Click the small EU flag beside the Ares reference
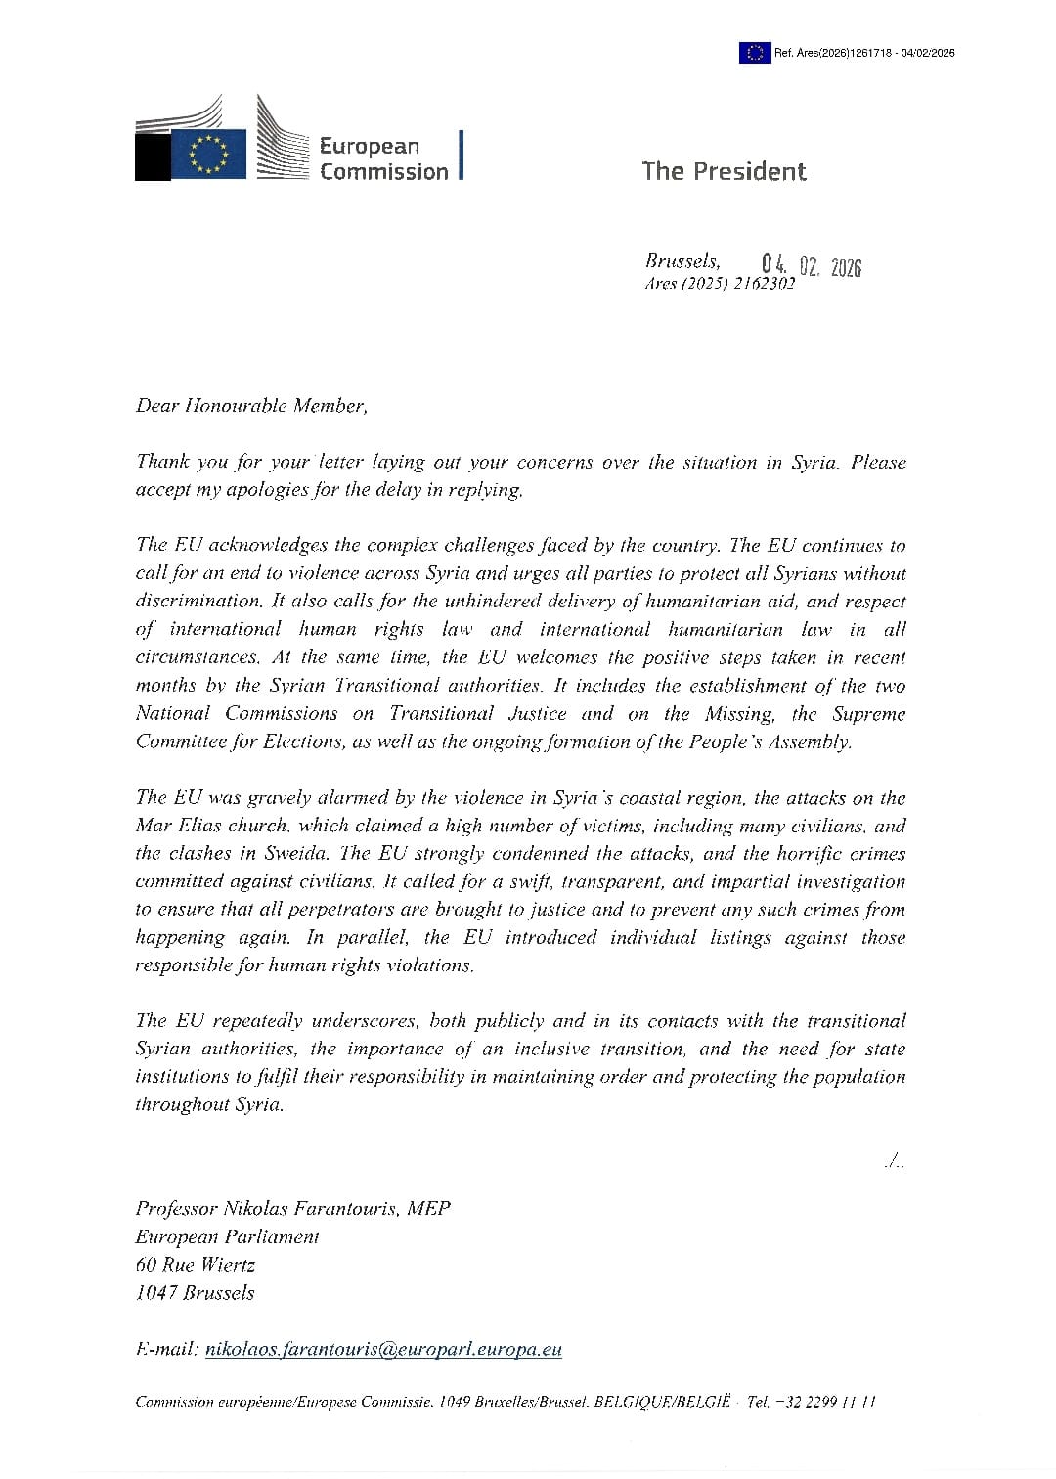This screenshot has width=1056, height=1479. [753, 53]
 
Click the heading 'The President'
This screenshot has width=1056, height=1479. [724, 171]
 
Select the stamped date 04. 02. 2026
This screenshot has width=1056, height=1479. [812, 266]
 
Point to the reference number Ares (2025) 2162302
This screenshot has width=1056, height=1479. [720, 284]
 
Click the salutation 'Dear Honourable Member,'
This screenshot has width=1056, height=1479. [251, 406]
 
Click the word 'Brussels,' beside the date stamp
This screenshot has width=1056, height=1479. [682, 261]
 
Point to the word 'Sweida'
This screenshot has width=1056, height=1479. [301, 854]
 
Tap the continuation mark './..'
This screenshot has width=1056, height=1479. [894, 1163]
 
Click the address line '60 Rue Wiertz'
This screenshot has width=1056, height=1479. [195, 1265]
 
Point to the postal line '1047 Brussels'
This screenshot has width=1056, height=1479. [195, 1293]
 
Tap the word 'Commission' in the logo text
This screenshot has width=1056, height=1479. [383, 172]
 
